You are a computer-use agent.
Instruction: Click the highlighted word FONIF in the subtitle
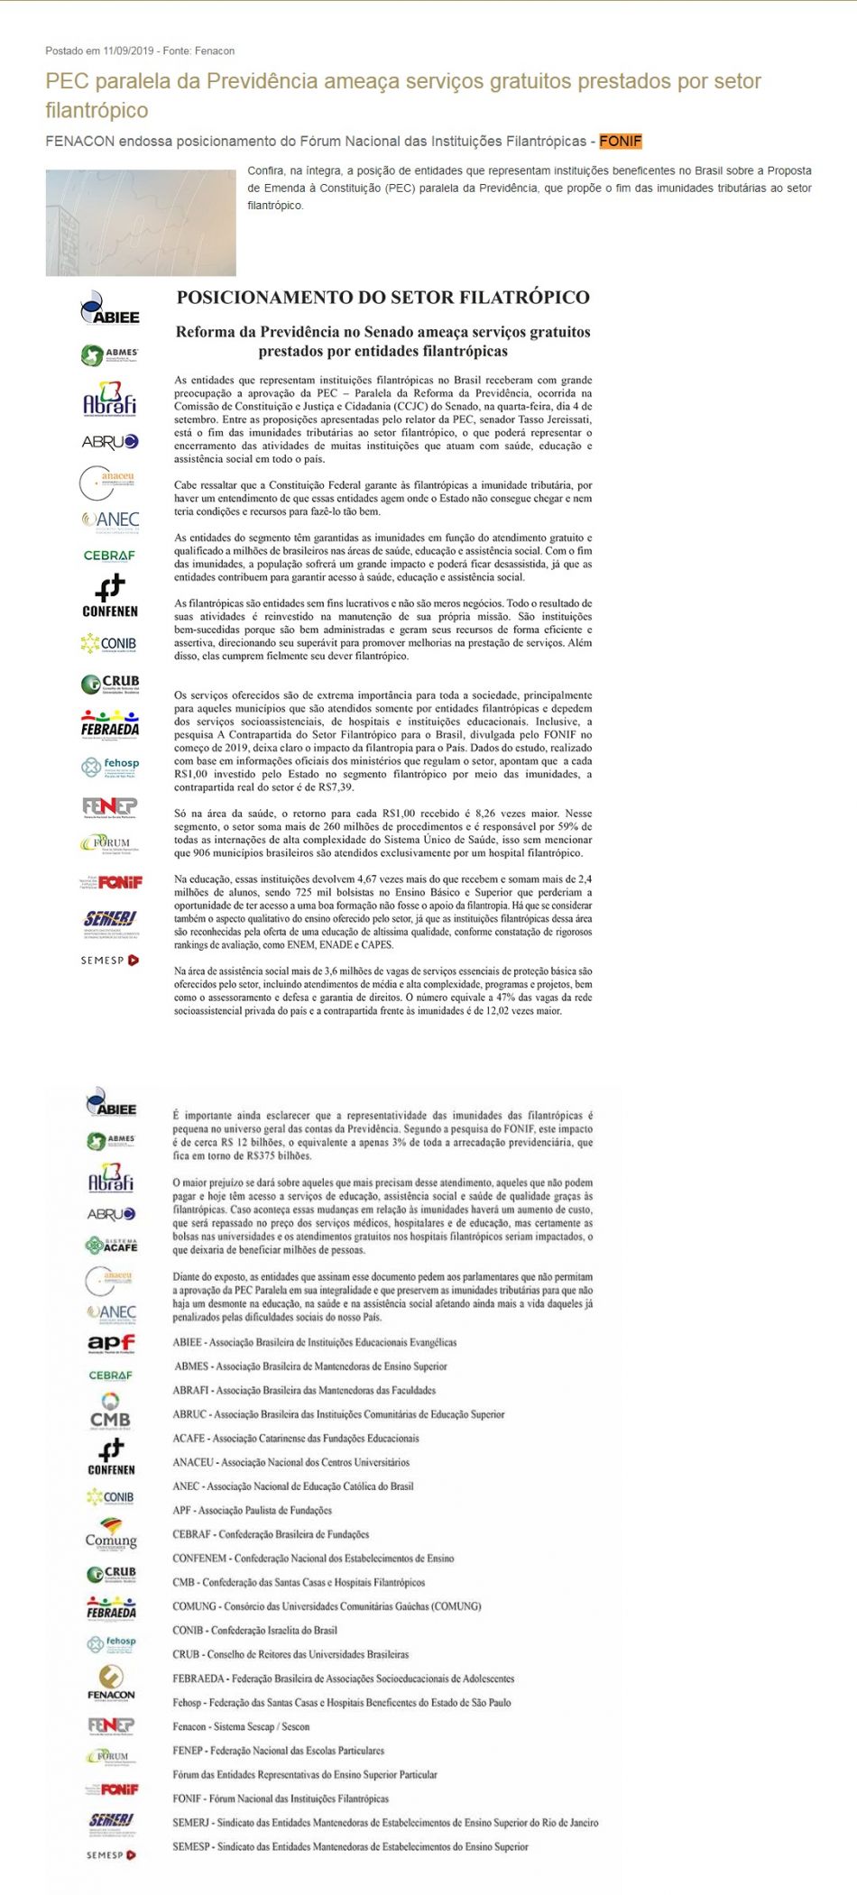pyautogui.click(x=620, y=142)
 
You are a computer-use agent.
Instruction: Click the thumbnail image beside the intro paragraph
pyautogui.click(x=141, y=223)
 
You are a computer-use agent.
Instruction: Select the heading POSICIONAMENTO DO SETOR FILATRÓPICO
pyautogui.click(x=382, y=298)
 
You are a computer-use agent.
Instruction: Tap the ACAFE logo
pyautogui.click(x=111, y=1245)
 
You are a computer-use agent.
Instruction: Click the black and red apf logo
pyautogui.click(x=111, y=1344)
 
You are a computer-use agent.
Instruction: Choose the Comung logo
pyautogui.click(x=111, y=1532)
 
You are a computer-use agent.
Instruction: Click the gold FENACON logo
pyautogui.click(x=111, y=1683)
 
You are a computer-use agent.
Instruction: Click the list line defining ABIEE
pyautogui.click(x=314, y=1342)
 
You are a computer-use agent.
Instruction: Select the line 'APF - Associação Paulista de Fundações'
pyautogui.click(x=252, y=1510)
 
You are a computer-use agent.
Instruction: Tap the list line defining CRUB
pyautogui.click(x=290, y=1654)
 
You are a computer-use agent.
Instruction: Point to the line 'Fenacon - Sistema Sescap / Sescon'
pyautogui.click(x=241, y=1726)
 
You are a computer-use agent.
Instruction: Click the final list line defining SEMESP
pyautogui.click(x=350, y=1846)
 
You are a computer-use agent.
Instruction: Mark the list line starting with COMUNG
pyautogui.click(x=327, y=1606)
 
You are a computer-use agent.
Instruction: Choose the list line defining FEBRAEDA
pyautogui.click(x=343, y=1679)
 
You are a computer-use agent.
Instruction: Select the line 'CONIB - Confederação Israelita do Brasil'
pyautogui.click(x=254, y=1630)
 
